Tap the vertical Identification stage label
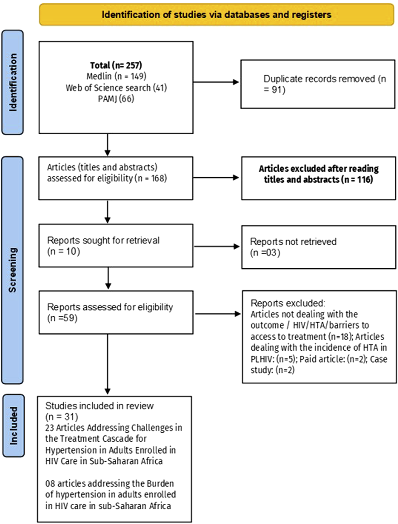tap(13, 82)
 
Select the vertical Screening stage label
tap(12, 270)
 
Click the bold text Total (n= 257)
tap(116, 65)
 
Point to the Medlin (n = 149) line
tap(116, 76)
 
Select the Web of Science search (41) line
tap(116, 88)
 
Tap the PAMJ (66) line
tap(116, 99)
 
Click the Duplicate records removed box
tap(317, 84)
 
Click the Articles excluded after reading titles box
tap(318, 178)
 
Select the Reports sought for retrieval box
tap(116, 246)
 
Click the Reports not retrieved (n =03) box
tap(318, 247)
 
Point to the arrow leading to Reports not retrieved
tap(217, 247)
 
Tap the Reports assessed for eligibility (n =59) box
tap(116, 312)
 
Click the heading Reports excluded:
tap(288, 303)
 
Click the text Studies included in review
tap(99, 406)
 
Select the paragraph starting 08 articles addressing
tap(110, 494)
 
